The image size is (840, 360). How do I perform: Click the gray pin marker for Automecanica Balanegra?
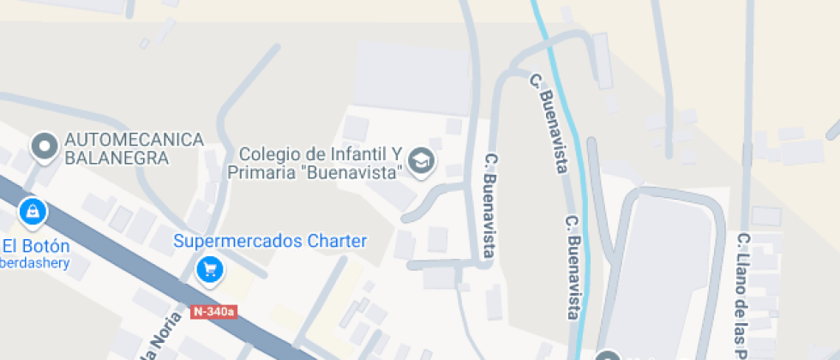(x=43, y=147)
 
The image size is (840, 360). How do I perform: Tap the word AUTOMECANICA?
(x=135, y=140)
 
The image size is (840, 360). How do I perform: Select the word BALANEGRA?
(x=117, y=159)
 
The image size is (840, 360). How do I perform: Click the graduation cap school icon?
(x=421, y=160)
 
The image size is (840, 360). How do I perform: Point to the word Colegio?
(x=267, y=154)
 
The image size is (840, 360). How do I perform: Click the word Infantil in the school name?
(x=351, y=154)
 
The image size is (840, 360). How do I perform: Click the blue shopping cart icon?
(x=209, y=271)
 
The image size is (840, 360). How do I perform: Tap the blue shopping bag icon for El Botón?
(x=33, y=211)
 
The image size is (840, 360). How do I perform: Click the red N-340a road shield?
(x=213, y=312)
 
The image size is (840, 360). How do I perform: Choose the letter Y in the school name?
(x=397, y=154)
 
